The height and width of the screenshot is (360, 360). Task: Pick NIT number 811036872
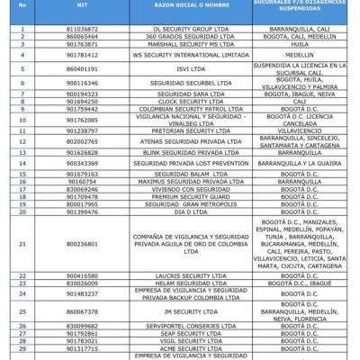[82, 28]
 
